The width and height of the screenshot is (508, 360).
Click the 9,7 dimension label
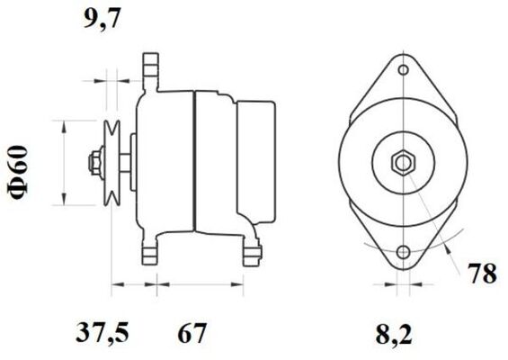click(102, 20)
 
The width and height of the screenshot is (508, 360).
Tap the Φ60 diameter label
click(18, 174)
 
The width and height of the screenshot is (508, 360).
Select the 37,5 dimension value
click(102, 333)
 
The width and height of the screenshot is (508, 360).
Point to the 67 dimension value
click(192, 333)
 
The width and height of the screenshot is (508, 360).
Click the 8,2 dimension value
click(394, 334)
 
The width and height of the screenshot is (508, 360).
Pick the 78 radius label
click(483, 274)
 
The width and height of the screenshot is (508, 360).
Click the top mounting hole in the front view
click(404, 69)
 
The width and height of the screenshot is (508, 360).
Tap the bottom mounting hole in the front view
click(404, 252)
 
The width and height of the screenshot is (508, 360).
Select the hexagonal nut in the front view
click(403, 163)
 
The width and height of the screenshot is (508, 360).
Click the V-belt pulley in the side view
click(111, 163)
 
